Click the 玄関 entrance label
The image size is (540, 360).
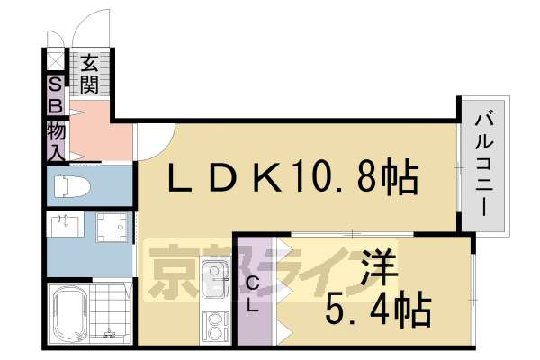coord(88,75)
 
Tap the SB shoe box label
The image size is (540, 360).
coord(55,94)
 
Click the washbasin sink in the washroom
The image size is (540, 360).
coord(64,226)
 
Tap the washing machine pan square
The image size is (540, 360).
coord(113,229)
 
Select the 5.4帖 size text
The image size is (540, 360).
coord(378,310)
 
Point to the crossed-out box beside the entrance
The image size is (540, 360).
coord(56,60)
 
